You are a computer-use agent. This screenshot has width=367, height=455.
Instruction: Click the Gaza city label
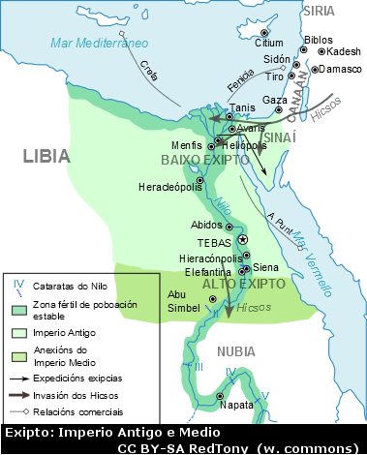click(275, 100)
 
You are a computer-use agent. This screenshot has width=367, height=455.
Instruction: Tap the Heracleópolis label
click(170, 186)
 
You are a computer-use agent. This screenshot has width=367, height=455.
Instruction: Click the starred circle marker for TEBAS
click(243, 239)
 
